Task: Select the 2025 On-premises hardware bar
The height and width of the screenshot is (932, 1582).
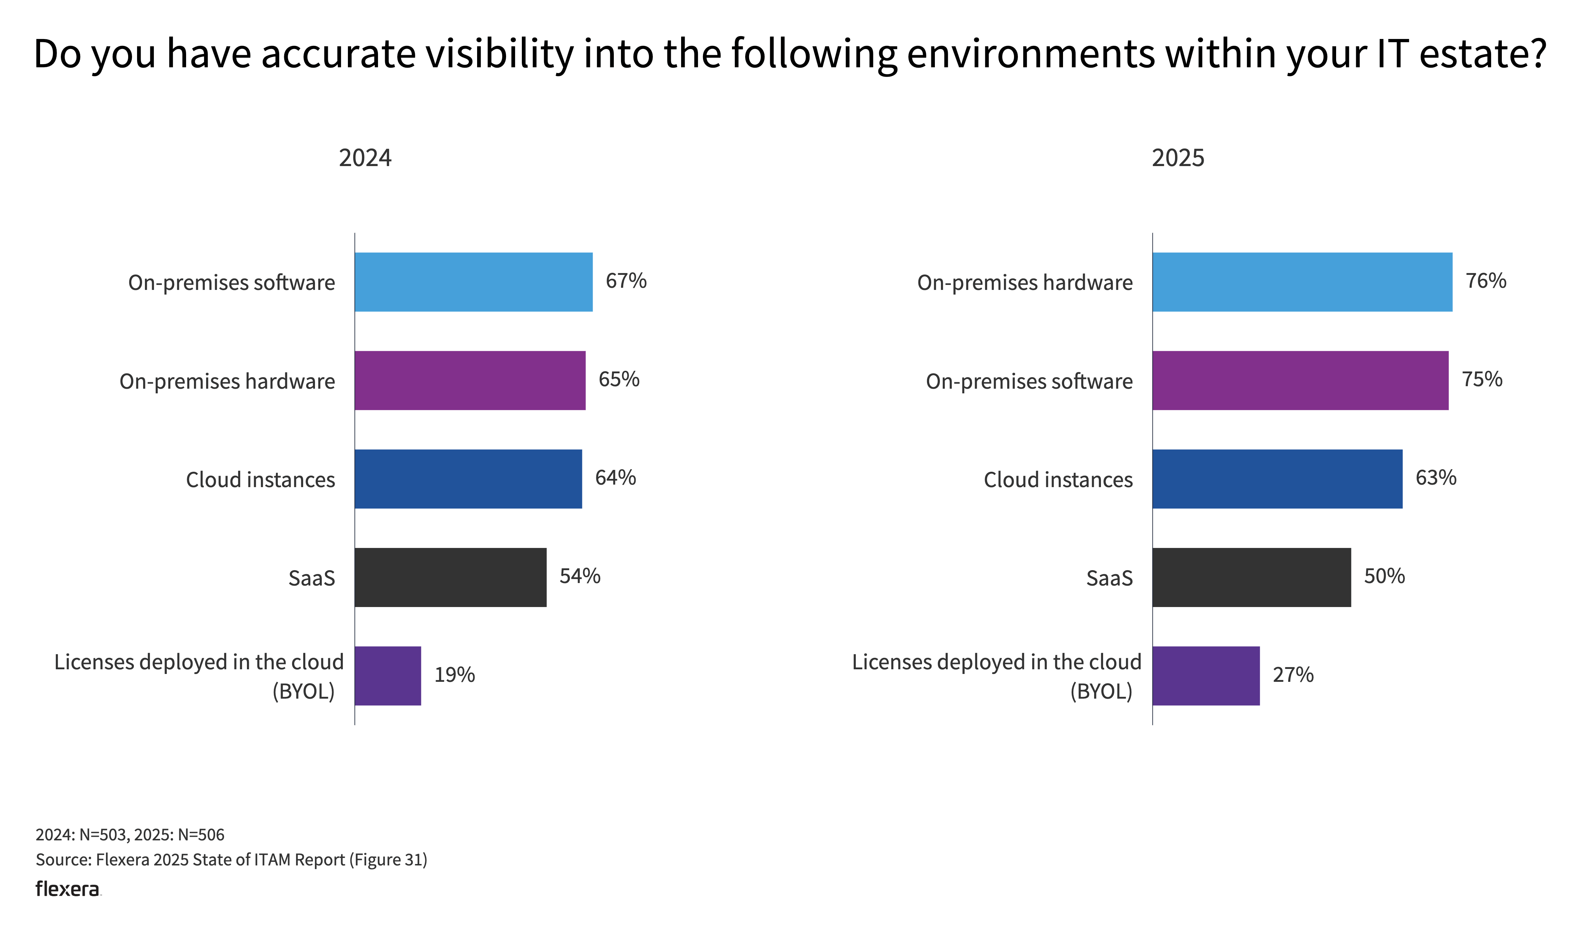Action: (x=1301, y=282)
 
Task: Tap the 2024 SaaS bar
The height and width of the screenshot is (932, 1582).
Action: (x=450, y=577)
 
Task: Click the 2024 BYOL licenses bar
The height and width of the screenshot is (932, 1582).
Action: (x=388, y=676)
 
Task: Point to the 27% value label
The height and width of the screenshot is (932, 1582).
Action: (x=1292, y=675)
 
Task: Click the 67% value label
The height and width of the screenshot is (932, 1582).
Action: (x=626, y=281)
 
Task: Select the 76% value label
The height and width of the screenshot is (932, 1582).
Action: (x=1485, y=281)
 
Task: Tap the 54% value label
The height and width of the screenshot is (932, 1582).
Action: (x=580, y=576)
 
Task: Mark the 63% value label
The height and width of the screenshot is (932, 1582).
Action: (x=1435, y=478)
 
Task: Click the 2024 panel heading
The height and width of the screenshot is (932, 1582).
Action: (x=365, y=157)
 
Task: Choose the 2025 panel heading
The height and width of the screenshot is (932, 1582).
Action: (x=1178, y=157)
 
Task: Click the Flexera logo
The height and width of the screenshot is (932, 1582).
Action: (x=67, y=889)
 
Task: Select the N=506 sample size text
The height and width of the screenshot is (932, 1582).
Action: (x=201, y=835)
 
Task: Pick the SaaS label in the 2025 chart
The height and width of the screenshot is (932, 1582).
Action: (x=1109, y=578)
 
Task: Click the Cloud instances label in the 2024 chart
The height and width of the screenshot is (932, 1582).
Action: (x=260, y=480)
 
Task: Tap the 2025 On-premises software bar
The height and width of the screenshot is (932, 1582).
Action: (x=1300, y=380)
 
